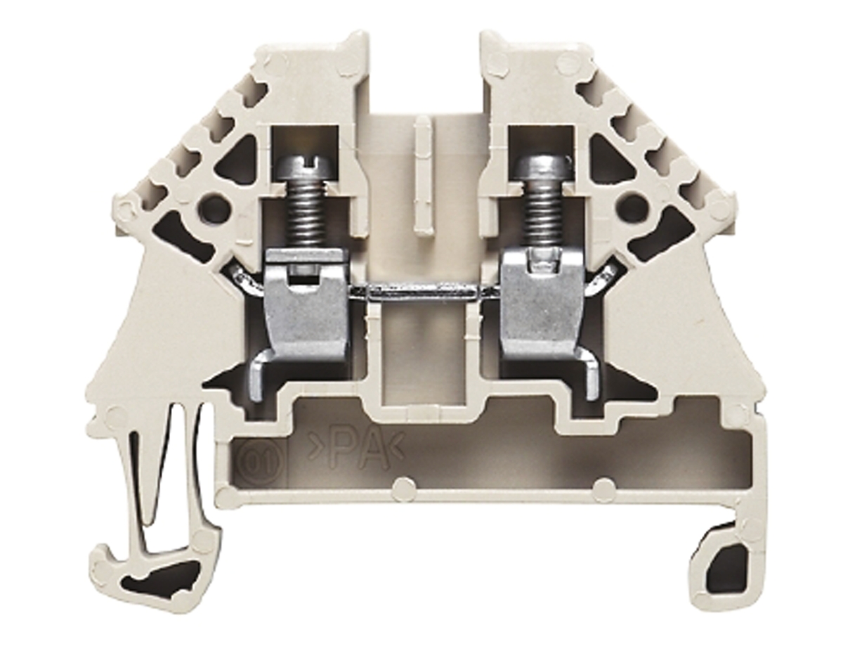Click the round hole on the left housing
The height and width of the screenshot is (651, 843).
tap(214, 208)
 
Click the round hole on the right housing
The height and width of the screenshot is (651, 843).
tap(632, 207)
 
